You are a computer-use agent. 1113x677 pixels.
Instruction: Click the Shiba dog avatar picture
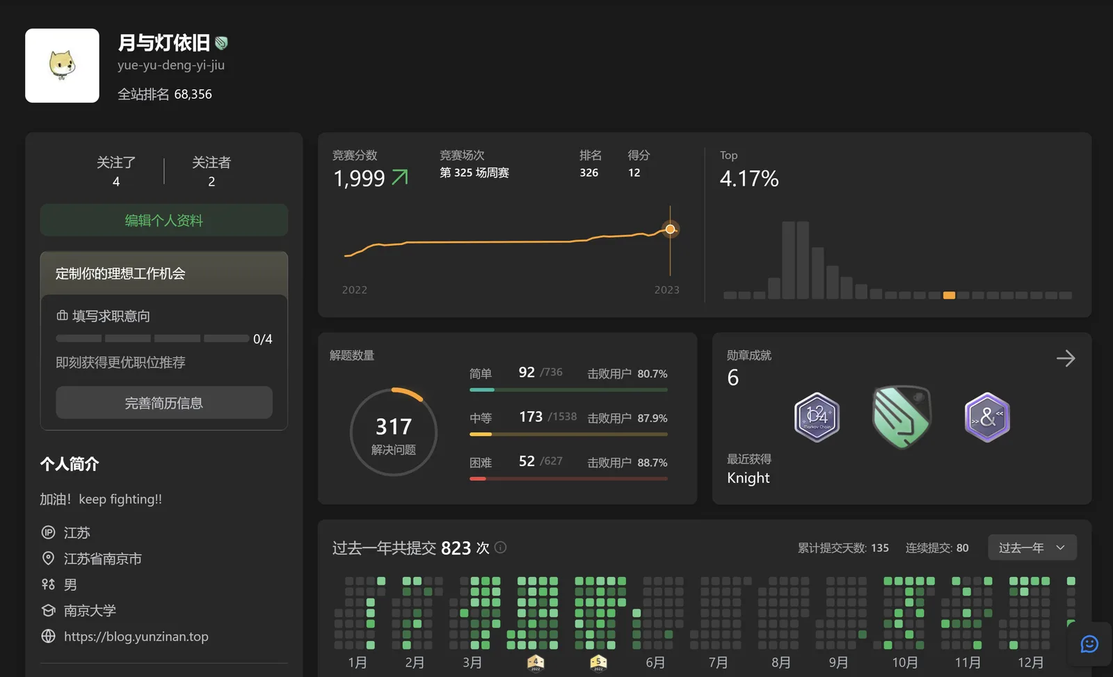tap(62, 65)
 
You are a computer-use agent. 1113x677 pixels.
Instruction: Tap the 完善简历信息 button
tap(164, 403)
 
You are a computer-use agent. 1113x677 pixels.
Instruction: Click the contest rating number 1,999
tap(359, 178)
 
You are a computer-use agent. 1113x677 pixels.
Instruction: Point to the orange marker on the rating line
tap(671, 229)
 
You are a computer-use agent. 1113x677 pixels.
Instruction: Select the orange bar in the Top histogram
tap(949, 295)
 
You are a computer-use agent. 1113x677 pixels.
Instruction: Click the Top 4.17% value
tap(749, 178)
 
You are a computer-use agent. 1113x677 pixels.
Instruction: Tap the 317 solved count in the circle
tap(394, 427)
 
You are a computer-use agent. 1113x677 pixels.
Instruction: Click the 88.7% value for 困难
tap(652, 463)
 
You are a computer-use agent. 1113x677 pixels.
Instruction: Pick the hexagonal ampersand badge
tap(987, 417)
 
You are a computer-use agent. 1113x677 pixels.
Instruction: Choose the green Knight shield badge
tap(902, 417)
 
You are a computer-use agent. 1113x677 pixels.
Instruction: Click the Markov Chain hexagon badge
tap(817, 417)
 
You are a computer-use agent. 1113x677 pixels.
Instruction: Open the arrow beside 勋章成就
tap(1065, 358)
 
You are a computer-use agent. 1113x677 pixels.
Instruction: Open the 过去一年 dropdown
tap(1032, 548)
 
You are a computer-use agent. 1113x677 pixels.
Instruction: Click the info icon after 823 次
tap(501, 548)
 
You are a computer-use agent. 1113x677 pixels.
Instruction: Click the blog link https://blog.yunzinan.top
tap(136, 636)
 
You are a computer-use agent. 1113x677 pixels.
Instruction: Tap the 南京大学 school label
tap(90, 610)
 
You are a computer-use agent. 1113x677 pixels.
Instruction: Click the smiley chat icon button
tap(1089, 644)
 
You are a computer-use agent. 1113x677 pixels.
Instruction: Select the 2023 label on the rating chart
tap(667, 289)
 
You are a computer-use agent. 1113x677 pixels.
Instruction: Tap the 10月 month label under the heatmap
tap(905, 662)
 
